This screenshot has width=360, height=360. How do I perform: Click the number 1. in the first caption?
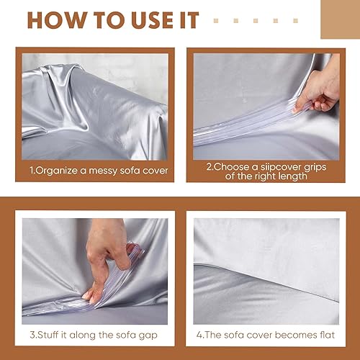[x=32, y=171]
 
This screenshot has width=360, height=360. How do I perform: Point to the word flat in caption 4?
[x=323, y=335]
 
